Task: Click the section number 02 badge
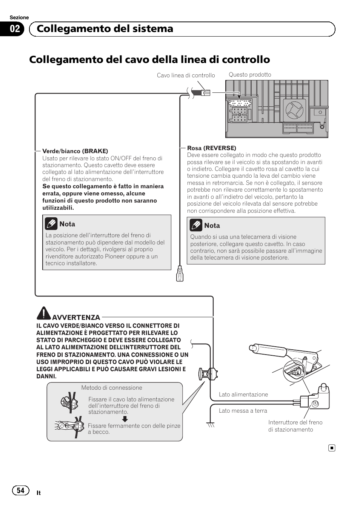pyautogui.click(x=15, y=29)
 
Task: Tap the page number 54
pyautogui.click(x=21, y=490)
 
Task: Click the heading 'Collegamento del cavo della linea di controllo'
pyautogui.click(x=149, y=60)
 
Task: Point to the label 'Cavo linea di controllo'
pyautogui.click(x=186, y=75)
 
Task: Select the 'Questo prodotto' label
pyautogui.click(x=250, y=75)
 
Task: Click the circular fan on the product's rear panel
pyautogui.click(x=294, y=110)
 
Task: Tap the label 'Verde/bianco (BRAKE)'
pyautogui.click(x=75, y=151)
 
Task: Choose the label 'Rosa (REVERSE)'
pyautogui.click(x=212, y=148)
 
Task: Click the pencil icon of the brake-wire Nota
pyautogui.click(x=51, y=224)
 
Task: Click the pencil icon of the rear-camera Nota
pyautogui.click(x=196, y=226)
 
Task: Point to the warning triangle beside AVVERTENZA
pyautogui.click(x=44, y=313)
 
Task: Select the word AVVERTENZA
pyautogui.click(x=76, y=318)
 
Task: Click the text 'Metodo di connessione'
pyautogui.click(x=112, y=388)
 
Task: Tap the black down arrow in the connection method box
pyautogui.click(x=125, y=419)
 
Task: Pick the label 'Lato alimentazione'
pyautogui.click(x=243, y=395)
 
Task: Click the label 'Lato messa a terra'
pyautogui.click(x=243, y=411)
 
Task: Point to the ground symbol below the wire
pyautogui.click(x=210, y=425)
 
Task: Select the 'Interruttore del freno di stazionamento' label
pyautogui.click(x=295, y=426)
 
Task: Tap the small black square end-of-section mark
pyautogui.click(x=331, y=448)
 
